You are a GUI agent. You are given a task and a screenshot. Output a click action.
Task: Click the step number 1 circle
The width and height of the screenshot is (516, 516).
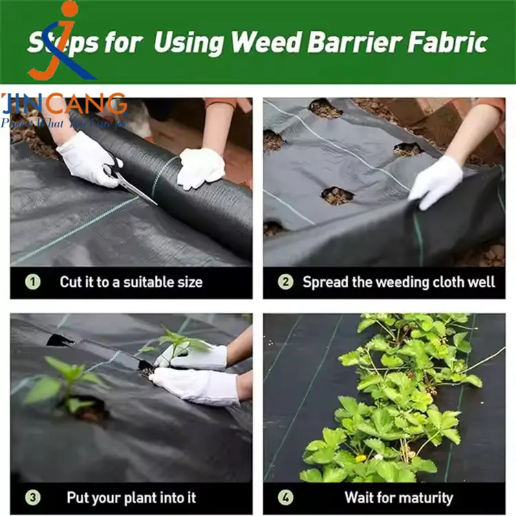33,281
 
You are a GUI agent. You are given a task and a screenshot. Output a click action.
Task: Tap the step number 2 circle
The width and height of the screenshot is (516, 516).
285,281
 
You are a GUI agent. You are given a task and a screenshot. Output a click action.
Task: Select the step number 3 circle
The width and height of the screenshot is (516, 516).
33,497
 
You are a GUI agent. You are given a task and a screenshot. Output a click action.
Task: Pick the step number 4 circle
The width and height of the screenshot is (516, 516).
285,497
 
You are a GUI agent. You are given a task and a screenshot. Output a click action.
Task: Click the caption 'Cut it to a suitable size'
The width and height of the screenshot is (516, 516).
131,282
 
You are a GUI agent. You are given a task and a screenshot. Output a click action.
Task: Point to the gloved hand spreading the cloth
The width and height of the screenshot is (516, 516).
435,181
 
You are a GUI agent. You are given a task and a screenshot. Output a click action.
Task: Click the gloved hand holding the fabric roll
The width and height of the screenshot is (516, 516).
200,167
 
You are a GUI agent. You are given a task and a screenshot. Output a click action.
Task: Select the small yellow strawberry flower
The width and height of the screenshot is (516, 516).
361,458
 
